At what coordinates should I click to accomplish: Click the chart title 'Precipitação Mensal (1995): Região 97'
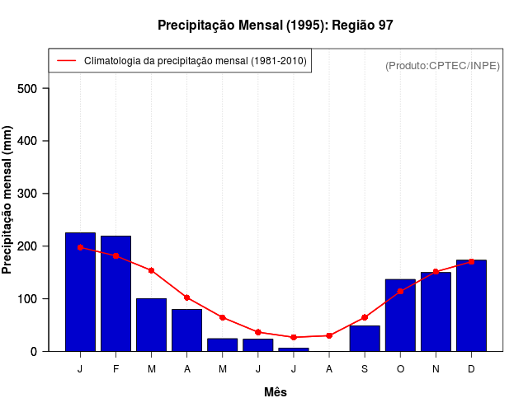point(275,26)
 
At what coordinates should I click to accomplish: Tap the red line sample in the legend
point(67,61)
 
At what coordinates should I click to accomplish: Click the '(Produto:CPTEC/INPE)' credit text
point(442,65)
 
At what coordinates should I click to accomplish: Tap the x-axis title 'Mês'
point(276,392)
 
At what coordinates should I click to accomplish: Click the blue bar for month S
point(365,339)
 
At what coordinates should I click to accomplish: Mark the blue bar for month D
point(471,306)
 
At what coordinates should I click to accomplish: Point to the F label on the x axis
point(115,369)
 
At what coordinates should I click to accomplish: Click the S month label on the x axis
point(365,369)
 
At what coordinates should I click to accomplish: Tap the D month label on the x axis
point(471,369)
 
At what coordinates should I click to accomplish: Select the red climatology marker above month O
point(400,291)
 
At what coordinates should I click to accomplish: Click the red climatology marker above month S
point(365,317)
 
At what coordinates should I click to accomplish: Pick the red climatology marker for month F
point(115,255)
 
